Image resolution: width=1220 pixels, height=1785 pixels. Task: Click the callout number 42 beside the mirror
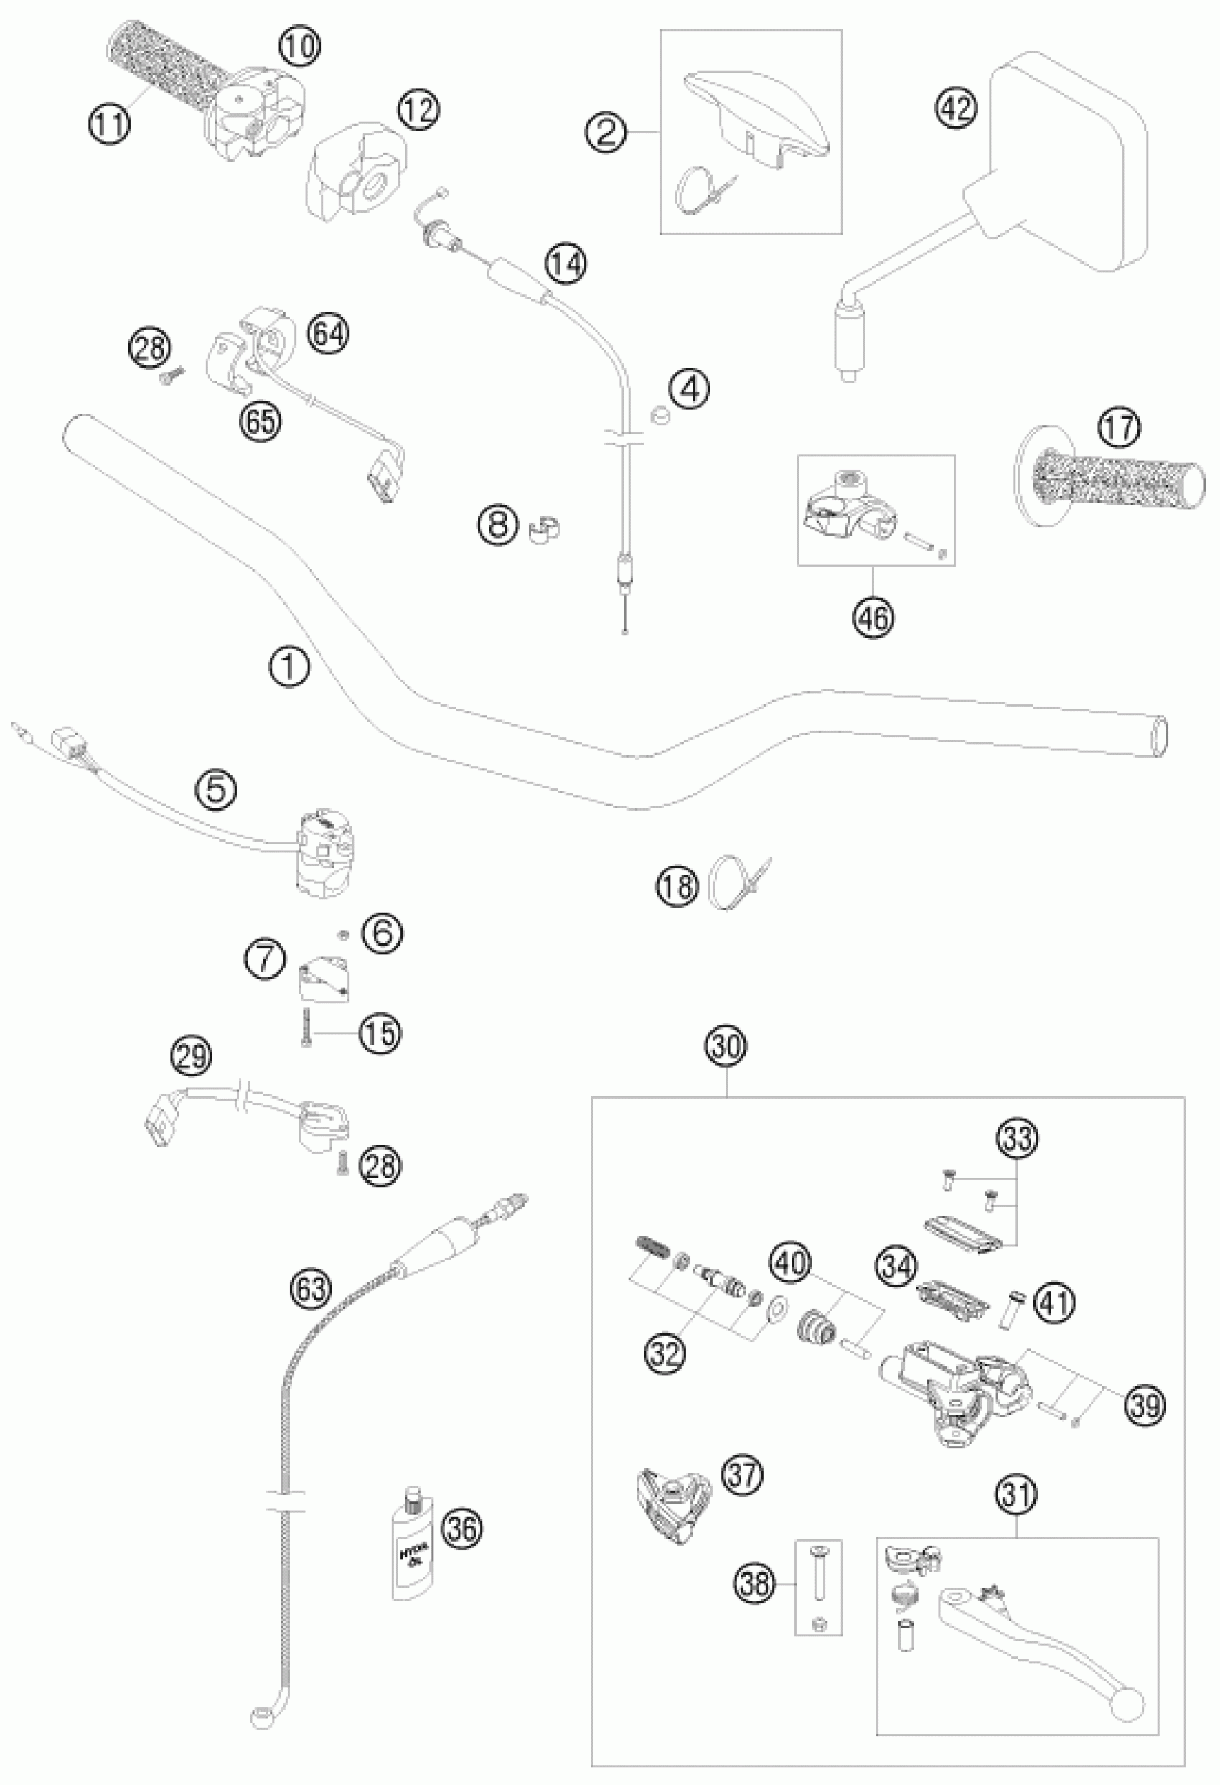coord(957,108)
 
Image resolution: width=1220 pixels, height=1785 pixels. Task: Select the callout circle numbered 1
coord(290,669)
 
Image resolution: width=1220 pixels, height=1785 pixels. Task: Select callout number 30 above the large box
coord(726,1047)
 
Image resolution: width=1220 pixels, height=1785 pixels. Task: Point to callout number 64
coord(329,333)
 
